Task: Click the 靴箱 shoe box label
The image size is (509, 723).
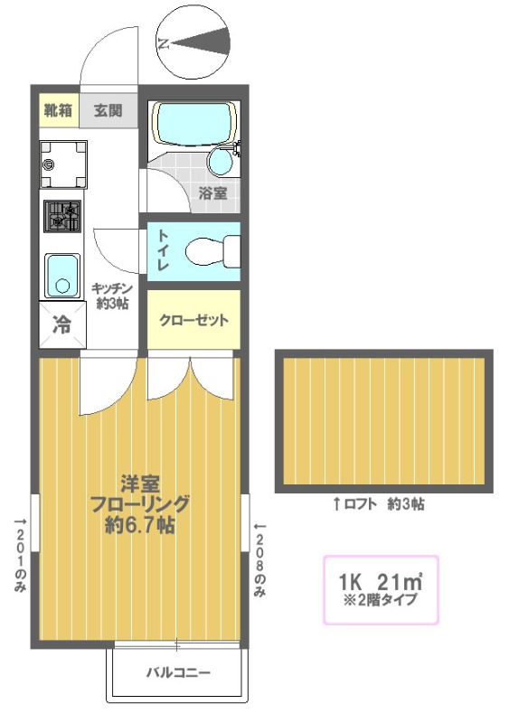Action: (x=58, y=110)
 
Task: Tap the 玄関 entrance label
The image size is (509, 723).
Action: (x=108, y=110)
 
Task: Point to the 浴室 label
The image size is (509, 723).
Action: (x=212, y=192)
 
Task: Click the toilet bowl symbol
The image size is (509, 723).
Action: (x=213, y=251)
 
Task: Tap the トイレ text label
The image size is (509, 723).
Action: (x=163, y=250)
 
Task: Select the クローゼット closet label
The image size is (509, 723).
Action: (x=193, y=320)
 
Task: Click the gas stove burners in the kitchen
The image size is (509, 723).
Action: (x=62, y=216)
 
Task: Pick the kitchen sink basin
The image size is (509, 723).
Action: (x=62, y=276)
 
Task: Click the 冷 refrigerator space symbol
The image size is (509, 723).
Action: (x=62, y=325)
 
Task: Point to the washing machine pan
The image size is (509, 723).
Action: (x=62, y=164)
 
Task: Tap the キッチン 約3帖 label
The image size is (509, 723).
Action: (x=112, y=296)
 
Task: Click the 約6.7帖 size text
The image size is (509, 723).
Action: (x=140, y=525)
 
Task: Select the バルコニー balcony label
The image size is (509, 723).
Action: (x=178, y=672)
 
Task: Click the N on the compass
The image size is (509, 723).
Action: (x=163, y=44)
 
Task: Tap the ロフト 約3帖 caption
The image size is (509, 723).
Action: (x=379, y=504)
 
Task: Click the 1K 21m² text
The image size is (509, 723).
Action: (x=381, y=582)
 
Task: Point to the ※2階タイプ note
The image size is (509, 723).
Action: (x=381, y=600)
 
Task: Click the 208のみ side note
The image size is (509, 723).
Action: (x=259, y=559)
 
